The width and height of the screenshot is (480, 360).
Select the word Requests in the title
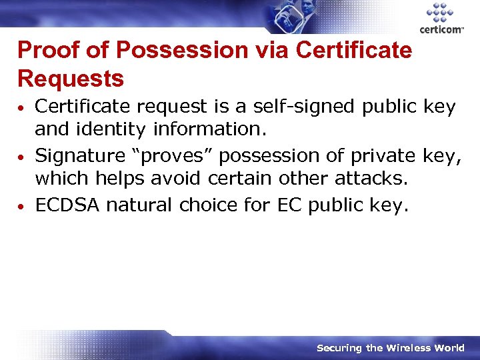71,79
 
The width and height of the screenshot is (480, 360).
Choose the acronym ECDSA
67,205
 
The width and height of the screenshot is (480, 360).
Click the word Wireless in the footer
407,347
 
